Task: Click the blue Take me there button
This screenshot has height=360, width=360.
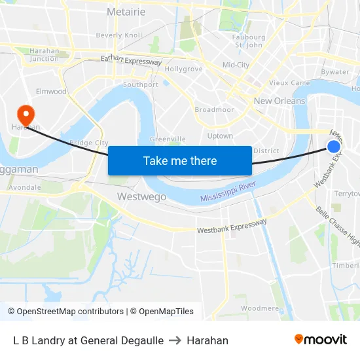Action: coord(180,160)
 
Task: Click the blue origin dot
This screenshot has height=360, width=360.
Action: coord(334,146)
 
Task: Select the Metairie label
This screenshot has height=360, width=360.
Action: coord(126,12)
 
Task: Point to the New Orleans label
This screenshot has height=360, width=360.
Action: coord(279,101)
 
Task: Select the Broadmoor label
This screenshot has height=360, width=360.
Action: coord(214,110)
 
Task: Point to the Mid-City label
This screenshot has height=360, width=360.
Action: coord(236,65)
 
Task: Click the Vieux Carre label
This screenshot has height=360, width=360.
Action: coord(289,83)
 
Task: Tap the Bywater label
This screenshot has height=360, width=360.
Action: coord(335,72)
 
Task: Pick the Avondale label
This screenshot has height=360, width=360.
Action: coord(25,187)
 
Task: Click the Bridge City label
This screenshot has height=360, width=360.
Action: coord(88,143)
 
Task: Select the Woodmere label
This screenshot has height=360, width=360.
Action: coord(260,308)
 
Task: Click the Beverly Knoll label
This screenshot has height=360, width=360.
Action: coord(118,35)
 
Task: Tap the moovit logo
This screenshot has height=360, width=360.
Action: coord(321,340)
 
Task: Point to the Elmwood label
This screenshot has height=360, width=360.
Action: coord(52,92)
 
